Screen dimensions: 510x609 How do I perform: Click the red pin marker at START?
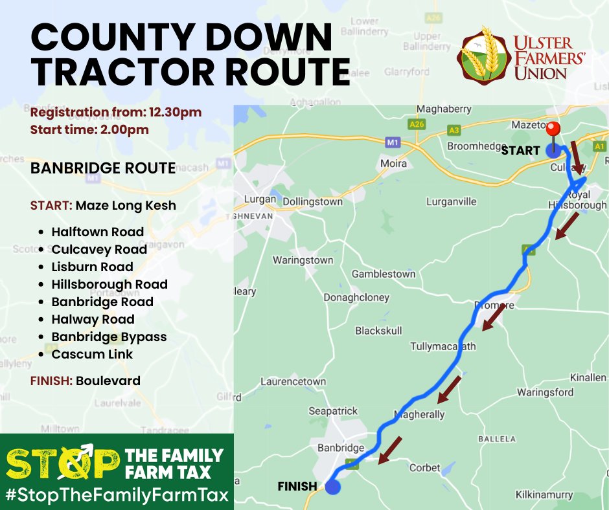(553, 129)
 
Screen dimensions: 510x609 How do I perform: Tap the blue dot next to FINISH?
(333, 487)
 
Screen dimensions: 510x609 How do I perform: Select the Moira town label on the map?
(393, 163)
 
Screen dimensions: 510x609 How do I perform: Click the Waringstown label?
(303, 260)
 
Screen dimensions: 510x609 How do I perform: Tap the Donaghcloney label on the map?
(356, 297)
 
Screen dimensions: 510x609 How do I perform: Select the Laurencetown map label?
(293, 381)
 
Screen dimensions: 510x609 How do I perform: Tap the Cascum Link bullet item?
(92, 354)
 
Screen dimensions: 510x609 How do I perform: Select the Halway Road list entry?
(93, 319)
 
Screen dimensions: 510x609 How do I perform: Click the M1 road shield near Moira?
(391, 140)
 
